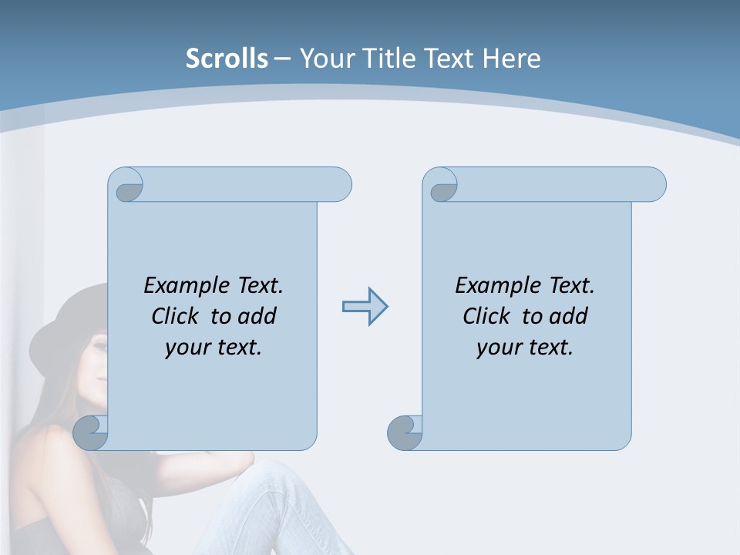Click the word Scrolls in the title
click(227, 59)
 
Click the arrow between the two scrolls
click(365, 307)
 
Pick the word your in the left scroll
click(186, 348)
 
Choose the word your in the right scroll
click(497, 348)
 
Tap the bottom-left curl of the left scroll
click(90, 432)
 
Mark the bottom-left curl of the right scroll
click(404, 432)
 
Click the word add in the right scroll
click(570, 316)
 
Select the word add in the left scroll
click(258, 316)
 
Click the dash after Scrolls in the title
click(282, 59)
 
